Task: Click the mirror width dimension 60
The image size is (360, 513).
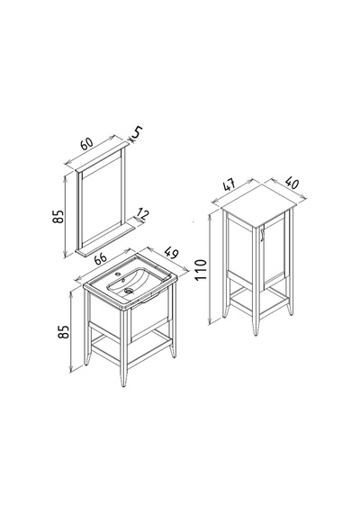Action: (87, 144)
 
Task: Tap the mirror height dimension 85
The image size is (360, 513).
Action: (58, 216)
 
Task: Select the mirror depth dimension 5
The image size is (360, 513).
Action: (138, 132)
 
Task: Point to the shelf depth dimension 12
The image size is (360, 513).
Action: (143, 214)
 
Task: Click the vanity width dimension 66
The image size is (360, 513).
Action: (101, 259)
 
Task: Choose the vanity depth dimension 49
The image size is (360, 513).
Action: (171, 253)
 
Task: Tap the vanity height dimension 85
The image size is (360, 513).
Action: (64, 331)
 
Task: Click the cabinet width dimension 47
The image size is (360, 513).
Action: (229, 185)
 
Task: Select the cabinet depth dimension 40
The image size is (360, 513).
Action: (292, 183)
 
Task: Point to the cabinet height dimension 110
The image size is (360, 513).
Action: (201, 269)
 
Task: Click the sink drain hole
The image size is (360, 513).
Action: (129, 290)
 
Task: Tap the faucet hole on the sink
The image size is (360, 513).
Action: (119, 274)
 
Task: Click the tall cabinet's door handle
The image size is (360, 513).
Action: (262, 235)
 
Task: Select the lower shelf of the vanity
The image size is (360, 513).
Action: (131, 347)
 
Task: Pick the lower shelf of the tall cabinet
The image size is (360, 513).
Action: (259, 300)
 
